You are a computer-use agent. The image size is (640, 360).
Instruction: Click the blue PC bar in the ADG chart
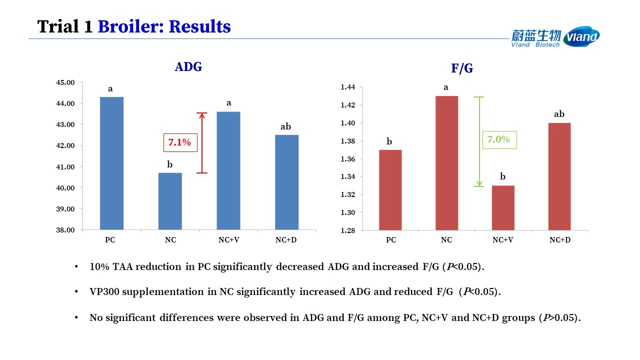(x=111, y=163)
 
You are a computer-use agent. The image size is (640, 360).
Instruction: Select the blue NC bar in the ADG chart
(x=170, y=201)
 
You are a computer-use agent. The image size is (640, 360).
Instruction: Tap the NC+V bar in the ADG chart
(x=228, y=171)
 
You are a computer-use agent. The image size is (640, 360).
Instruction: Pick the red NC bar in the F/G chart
(x=447, y=163)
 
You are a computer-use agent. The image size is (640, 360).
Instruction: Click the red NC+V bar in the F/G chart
(x=503, y=208)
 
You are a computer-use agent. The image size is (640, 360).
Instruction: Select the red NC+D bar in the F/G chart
(x=559, y=176)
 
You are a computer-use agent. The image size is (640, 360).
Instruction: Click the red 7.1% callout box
(x=180, y=142)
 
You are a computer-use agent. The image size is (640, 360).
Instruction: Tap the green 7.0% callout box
(x=499, y=139)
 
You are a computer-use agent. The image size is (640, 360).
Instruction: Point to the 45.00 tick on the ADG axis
(x=65, y=82)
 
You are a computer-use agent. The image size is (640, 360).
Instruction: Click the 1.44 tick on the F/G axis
(x=347, y=87)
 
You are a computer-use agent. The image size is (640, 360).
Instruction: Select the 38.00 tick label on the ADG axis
(x=65, y=230)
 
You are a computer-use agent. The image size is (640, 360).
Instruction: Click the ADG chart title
(x=188, y=67)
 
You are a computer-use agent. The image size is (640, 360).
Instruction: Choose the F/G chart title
(x=462, y=68)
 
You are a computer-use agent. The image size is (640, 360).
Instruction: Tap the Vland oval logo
(x=581, y=36)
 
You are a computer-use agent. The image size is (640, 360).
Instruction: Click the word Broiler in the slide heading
(x=131, y=26)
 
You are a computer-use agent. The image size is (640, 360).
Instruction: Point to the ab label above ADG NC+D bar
(x=285, y=126)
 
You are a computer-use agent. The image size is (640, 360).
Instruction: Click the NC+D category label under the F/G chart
(x=560, y=240)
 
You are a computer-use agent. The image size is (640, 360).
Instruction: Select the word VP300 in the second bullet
(x=104, y=291)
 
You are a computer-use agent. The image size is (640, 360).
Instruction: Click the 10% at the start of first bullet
(x=99, y=266)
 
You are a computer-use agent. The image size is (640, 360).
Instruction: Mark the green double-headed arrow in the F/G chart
(x=479, y=141)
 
